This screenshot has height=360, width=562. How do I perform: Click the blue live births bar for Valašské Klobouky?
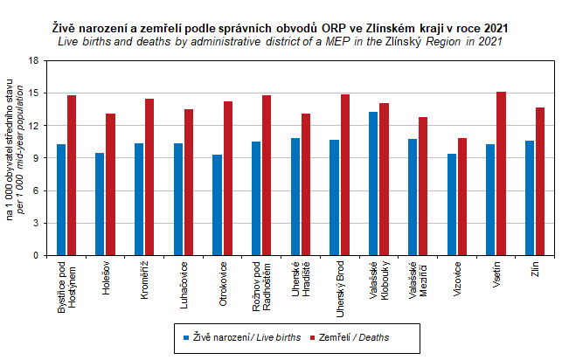click(x=373, y=183)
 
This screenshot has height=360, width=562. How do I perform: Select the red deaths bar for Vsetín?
click(x=501, y=174)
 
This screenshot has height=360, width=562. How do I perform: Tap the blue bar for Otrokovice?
click(x=217, y=205)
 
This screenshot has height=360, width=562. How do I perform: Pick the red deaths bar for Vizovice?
click(x=462, y=197)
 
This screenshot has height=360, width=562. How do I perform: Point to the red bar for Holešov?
click(x=110, y=184)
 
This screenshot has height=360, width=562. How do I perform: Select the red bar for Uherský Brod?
click(x=344, y=175)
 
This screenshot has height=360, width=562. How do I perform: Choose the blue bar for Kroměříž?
click(x=139, y=199)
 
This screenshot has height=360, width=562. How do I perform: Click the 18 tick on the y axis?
click(x=34, y=60)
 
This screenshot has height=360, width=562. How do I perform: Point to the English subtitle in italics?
click(x=280, y=42)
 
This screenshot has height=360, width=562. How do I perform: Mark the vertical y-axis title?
click(x=14, y=158)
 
